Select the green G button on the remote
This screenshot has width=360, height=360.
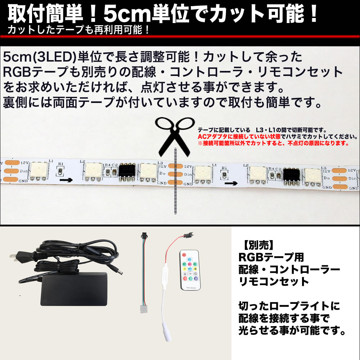tap(190, 278)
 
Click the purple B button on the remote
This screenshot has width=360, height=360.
tap(196, 278)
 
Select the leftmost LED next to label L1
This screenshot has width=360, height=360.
tap(39, 171)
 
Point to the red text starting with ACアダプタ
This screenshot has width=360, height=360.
tap(278, 137)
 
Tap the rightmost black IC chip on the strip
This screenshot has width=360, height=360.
tap(292, 176)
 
